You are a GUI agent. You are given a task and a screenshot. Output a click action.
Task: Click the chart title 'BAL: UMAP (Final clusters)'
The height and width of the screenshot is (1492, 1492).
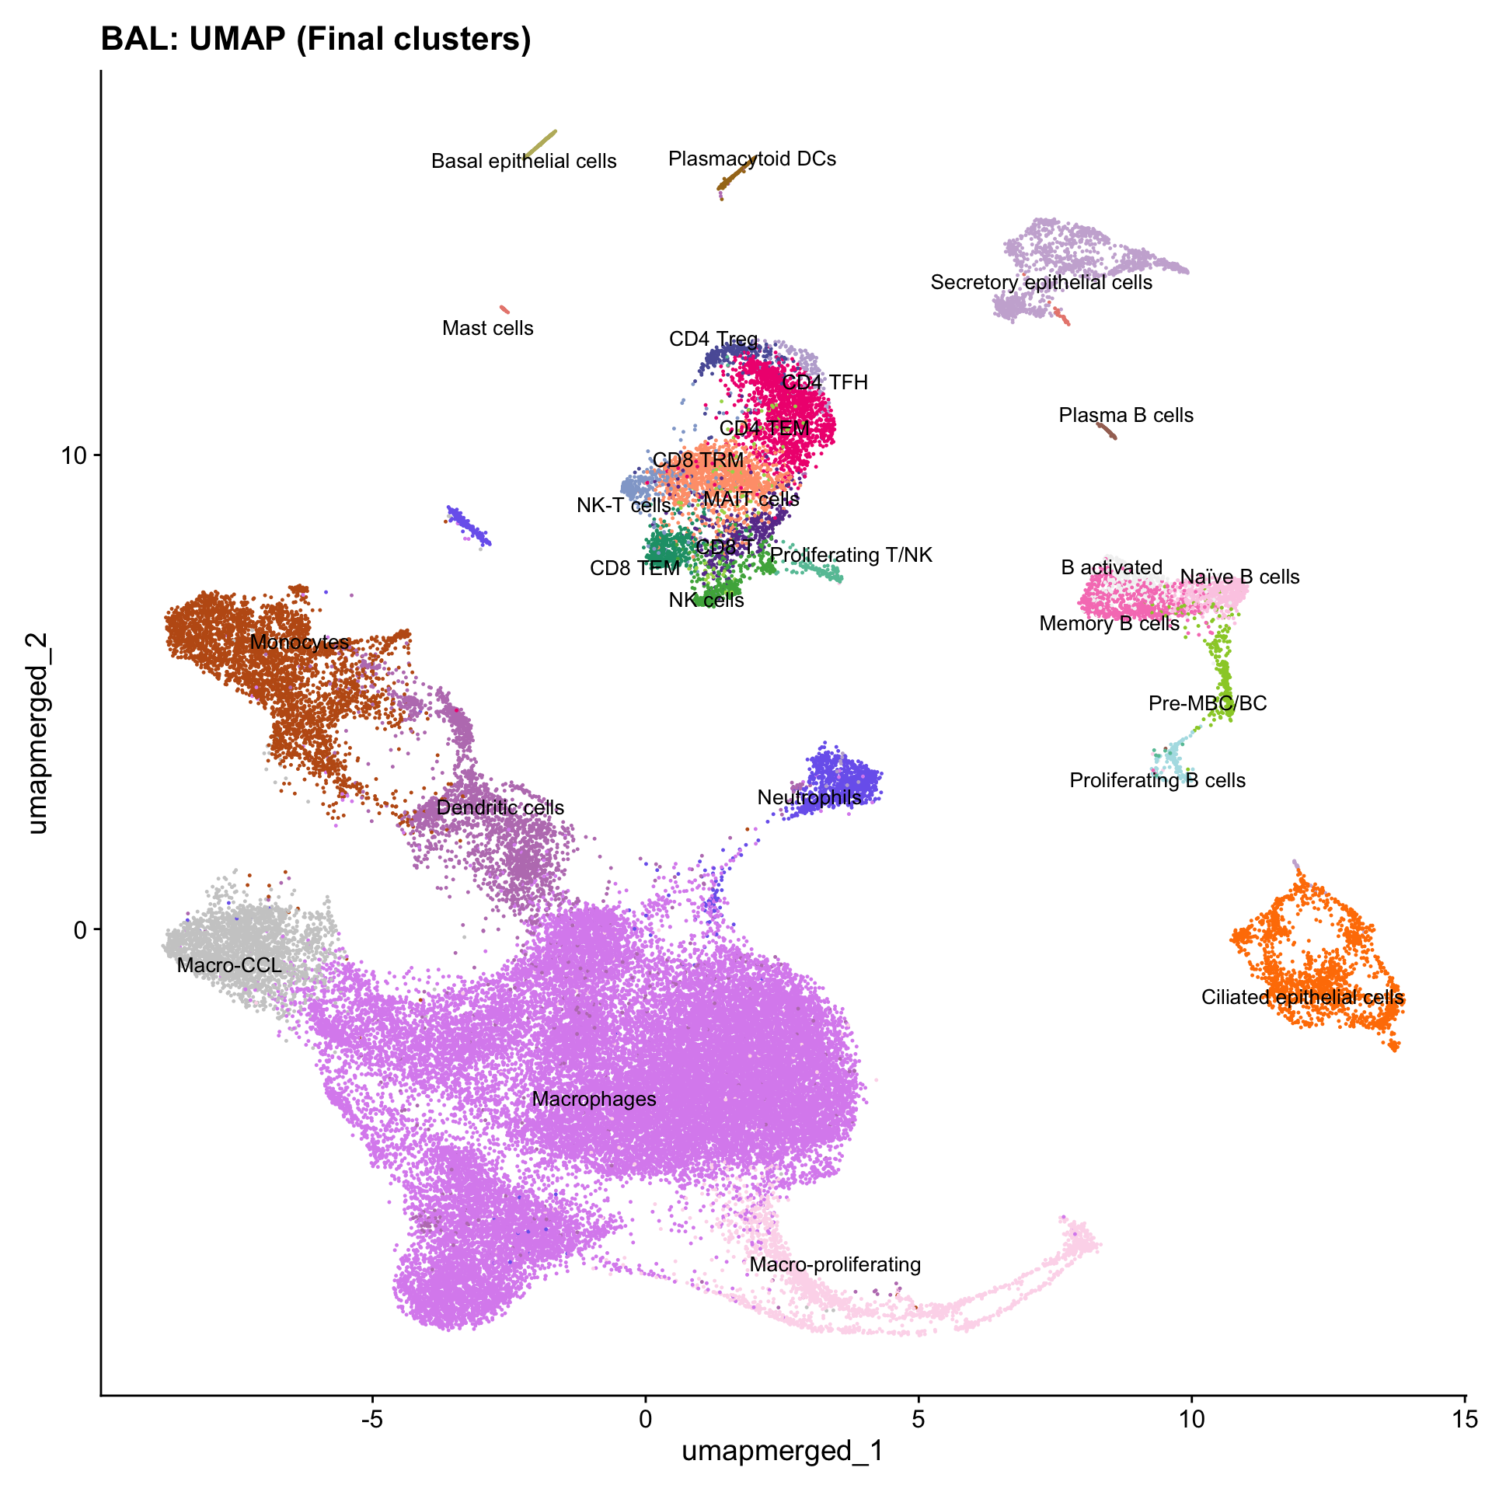(315, 39)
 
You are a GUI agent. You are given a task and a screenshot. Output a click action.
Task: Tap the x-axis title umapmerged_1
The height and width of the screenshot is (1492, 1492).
(783, 1450)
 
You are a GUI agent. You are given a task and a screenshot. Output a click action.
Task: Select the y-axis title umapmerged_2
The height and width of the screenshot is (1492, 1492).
(37, 733)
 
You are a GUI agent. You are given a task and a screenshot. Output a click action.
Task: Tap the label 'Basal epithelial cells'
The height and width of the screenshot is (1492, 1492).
(524, 162)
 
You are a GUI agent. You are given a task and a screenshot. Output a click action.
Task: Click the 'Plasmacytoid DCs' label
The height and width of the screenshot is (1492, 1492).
(752, 159)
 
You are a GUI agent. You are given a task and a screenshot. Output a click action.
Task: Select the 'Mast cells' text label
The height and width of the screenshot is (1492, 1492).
(488, 329)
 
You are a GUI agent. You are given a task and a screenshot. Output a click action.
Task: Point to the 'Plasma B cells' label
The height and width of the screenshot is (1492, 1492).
(1126, 416)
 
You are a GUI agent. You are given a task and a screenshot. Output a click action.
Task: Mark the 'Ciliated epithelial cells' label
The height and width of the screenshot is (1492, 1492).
(1302, 998)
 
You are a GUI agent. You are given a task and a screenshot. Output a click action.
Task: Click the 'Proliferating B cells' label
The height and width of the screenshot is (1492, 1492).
(1157, 781)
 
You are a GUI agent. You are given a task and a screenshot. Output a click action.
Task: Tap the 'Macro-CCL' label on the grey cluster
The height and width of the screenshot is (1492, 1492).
(229, 966)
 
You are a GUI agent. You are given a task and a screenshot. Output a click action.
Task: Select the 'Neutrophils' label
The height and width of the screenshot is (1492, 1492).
(809, 798)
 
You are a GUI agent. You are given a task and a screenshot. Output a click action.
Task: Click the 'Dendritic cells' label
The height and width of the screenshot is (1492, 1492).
(500, 808)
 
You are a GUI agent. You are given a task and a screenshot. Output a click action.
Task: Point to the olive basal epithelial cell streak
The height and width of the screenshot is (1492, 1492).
(541, 144)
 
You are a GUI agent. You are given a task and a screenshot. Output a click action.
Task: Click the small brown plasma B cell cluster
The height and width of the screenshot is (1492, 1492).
(1107, 431)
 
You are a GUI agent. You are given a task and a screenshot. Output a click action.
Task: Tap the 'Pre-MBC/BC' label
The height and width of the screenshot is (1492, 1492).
(1208, 704)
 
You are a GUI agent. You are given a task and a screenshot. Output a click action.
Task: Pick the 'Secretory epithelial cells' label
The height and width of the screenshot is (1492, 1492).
(1041, 283)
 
